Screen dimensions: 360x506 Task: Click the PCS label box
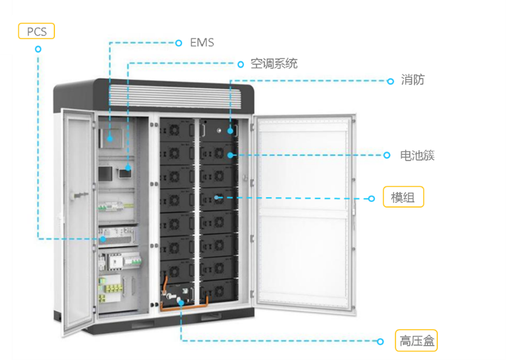pyautogui.click(x=37, y=31)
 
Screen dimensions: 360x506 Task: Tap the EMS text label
pyautogui.click(x=202, y=42)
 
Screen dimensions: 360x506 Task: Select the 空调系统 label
pyautogui.click(x=274, y=64)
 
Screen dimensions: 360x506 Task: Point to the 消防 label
pyautogui.click(x=413, y=80)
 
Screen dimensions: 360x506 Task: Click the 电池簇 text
pyautogui.click(x=417, y=155)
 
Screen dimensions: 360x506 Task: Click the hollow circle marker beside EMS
pyautogui.click(x=178, y=42)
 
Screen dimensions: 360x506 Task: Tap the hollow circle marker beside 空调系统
pyautogui.click(x=241, y=64)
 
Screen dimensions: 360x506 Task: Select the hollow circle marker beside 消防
pyautogui.click(x=390, y=81)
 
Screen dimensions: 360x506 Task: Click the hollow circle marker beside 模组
pyautogui.click(x=371, y=198)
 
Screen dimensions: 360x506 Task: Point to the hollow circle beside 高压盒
pyautogui.click(x=380, y=342)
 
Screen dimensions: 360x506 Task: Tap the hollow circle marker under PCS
pyautogui.click(x=38, y=49)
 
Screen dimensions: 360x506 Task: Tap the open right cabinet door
pyautogui.click(x=304, y=212)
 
